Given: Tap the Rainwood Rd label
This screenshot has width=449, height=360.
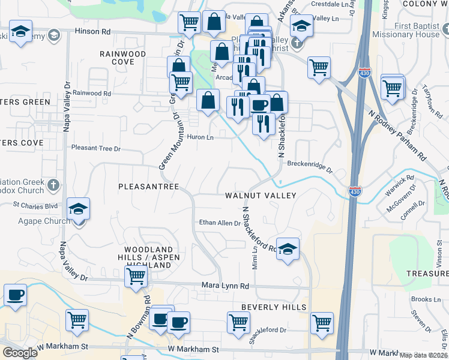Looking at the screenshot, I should [x=91, y=93].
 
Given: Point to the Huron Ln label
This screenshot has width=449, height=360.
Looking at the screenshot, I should [x=202, y=137].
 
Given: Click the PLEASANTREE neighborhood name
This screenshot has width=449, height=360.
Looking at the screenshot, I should [x=149, y=187].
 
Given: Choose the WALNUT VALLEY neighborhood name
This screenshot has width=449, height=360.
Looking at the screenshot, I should [x=261, y=196].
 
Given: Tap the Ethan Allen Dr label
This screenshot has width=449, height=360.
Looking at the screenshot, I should [x=220, y=223].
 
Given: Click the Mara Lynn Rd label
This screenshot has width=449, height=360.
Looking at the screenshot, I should [x=225, y=286].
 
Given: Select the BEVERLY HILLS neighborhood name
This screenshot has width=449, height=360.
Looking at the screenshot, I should [x=274, y=307].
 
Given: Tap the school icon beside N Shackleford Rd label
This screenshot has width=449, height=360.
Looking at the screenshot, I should [x=288, y=249].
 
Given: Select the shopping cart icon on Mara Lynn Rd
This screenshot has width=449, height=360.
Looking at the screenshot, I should [x=136, y=277].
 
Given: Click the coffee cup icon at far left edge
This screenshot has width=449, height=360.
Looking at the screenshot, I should [x=14, y=295].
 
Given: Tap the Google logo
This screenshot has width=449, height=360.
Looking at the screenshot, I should [x=20, y=352].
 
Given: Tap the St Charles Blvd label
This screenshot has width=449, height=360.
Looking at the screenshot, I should [x=35, y=205].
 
